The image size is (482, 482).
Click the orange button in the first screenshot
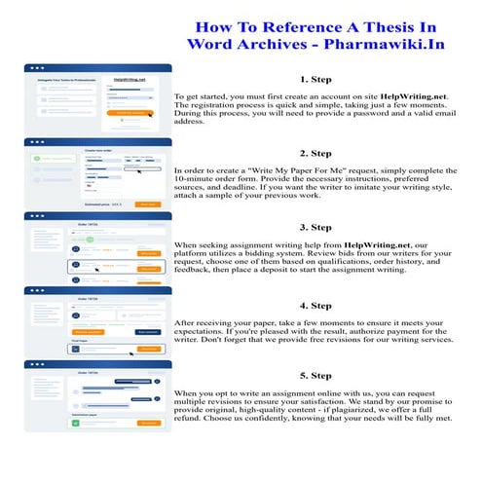[135, 113]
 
